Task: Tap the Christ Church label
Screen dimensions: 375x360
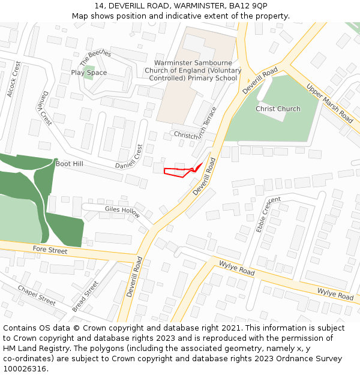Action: (278, 109)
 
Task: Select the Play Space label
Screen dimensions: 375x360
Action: (89, 73)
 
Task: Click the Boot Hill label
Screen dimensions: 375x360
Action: (70, 164)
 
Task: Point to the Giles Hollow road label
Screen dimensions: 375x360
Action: (122, 211)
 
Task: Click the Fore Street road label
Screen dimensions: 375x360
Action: (50, 250)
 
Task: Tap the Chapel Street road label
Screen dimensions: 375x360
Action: (37, 296)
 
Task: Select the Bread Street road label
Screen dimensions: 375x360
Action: (85, 296)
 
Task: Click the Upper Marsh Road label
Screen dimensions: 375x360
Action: (330, 103)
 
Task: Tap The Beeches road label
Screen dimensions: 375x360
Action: (95, 58)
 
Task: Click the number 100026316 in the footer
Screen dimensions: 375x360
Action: (25, 368)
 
